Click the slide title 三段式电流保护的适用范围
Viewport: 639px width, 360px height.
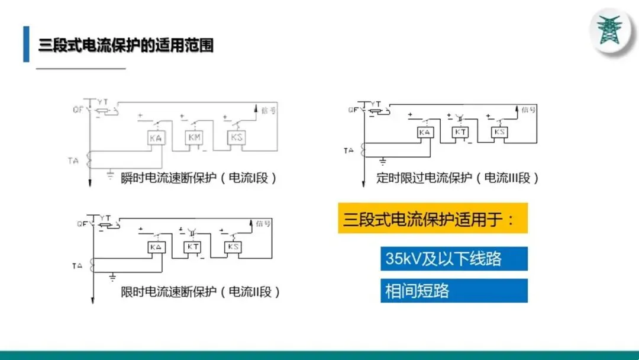click(125, 45)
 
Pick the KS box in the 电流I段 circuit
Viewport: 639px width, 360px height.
click(235, 137)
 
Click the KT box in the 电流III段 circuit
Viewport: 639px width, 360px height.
click(460, 133)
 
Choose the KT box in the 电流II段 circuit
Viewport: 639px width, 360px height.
click(193, 247)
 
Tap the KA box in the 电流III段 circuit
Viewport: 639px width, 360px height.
click(424, 133)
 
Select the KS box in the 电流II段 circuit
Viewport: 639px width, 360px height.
click(233, 247)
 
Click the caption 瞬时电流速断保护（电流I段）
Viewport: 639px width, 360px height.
click(199, 178)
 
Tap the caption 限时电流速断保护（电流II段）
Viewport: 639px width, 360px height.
click(200, 292)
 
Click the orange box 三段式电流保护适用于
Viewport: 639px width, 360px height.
click(433, 218)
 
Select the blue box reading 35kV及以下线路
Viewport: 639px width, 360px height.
click(454, 259)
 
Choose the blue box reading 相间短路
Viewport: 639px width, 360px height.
click(454, 291)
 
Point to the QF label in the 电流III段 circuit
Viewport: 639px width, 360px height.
click(353, 110)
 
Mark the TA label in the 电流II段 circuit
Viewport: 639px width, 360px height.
click(77, 266)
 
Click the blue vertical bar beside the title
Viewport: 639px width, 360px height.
click(26, 44)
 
